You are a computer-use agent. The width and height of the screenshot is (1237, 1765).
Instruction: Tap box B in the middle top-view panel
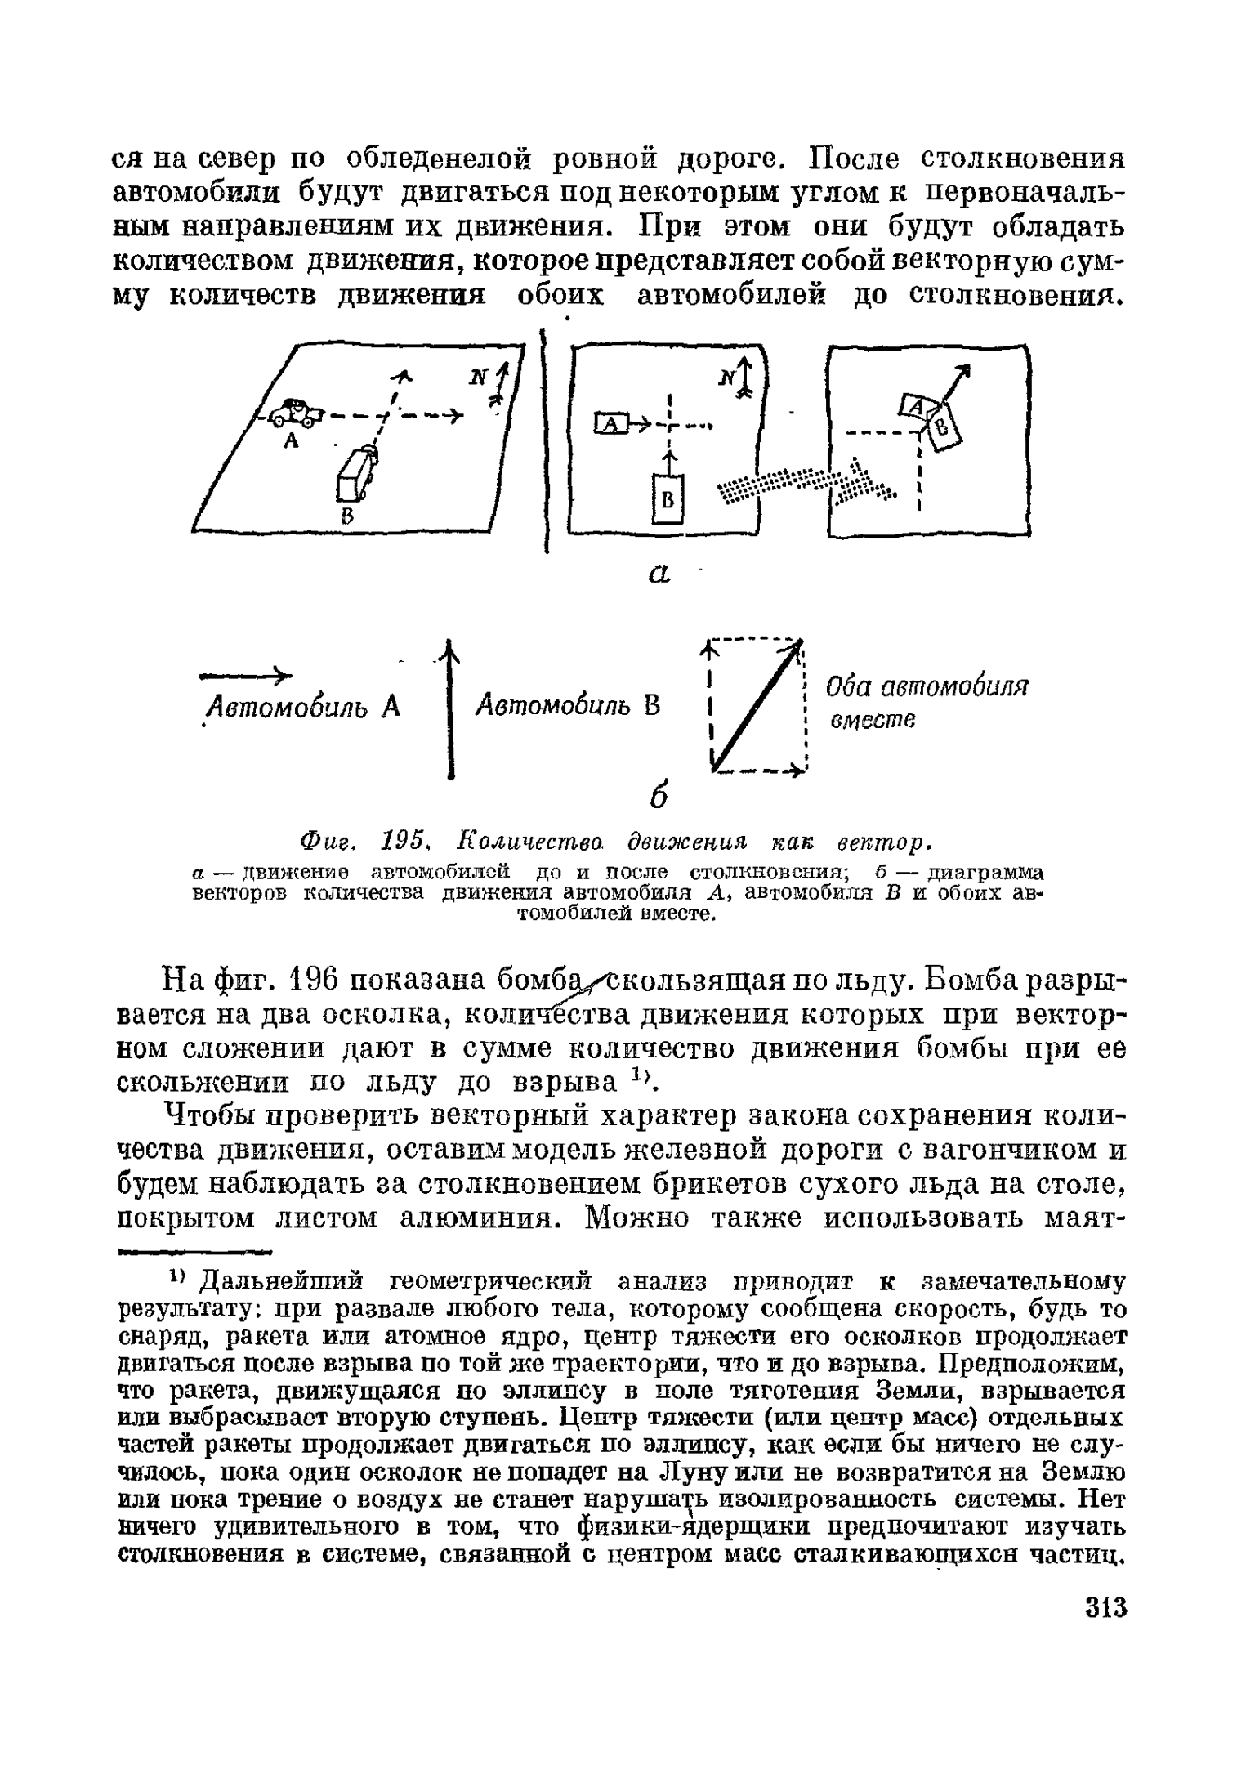pos(668,499)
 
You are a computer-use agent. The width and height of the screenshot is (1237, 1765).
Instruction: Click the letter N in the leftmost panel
pos(478,378)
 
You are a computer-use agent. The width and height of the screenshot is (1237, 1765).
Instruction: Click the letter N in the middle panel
pos(725,378)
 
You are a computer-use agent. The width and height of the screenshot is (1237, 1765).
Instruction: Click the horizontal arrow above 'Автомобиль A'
pos(245,675)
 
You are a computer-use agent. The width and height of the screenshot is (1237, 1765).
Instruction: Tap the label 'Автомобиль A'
pos(302,707)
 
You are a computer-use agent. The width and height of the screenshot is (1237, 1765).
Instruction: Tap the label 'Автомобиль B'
pos(569,705)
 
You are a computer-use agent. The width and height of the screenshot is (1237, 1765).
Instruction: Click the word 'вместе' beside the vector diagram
pos(873,720)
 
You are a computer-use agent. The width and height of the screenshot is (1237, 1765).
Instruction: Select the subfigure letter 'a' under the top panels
pos(659,574)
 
